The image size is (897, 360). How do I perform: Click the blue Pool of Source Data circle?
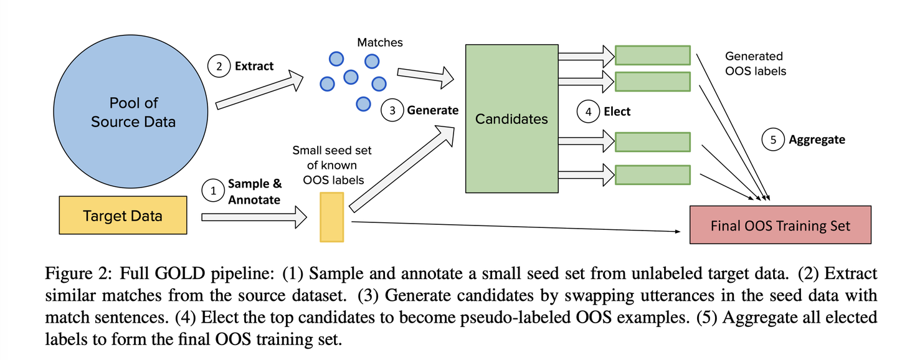coord(131,111)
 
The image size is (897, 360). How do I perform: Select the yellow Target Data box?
coord(123,215)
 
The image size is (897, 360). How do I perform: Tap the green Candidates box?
coord(512,118)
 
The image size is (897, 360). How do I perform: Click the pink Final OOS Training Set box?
coord(780,225)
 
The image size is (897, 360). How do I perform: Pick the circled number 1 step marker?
coord(213,191)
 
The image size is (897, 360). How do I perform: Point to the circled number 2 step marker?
coord(219,66)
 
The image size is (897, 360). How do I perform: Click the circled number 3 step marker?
coord(392,110)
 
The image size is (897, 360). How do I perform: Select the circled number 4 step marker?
coord(588,111)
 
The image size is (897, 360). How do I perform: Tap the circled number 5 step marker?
coord(773,140)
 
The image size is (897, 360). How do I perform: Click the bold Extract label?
coord(254,66)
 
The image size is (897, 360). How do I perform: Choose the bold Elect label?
coord(617,111)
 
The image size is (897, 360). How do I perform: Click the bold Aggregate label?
coord(817,140)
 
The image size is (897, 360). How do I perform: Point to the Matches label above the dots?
coord(379,42)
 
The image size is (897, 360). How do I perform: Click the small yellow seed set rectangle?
coord(331,217)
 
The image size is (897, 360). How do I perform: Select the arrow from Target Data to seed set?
coord(254,217)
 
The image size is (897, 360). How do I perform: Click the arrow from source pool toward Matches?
coord(260,90)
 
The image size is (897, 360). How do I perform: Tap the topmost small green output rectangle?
coord(653,55)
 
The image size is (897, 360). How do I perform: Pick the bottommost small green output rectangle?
coord(653,175)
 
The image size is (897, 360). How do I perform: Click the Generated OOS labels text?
coord(756,64)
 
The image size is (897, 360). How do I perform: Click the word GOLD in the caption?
coord(180,273)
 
